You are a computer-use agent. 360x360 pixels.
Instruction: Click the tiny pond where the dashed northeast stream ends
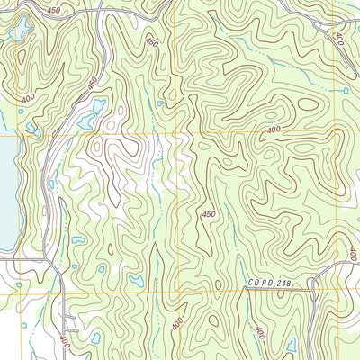tap(346, 90)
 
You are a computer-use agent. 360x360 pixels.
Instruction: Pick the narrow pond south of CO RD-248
tap(291, 344)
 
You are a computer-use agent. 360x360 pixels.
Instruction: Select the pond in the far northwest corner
tap(19, 31)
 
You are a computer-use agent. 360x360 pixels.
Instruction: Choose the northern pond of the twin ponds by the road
tap(97, 105)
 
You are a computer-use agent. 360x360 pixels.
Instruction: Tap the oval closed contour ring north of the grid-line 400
tap(307, 104)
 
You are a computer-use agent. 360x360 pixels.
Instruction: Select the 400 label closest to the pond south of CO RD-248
tap(259, 331)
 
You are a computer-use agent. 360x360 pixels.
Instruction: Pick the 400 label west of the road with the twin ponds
tap(29, 97)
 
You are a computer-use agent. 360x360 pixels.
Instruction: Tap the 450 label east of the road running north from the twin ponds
tap(151, 42)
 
